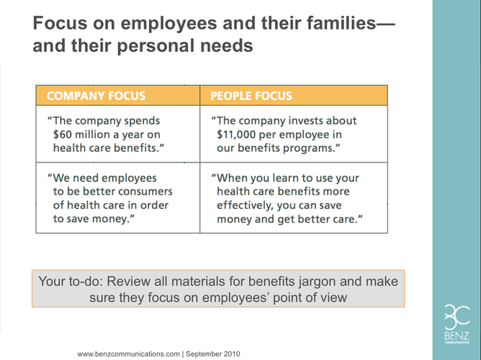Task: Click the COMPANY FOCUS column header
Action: tap(96, 96)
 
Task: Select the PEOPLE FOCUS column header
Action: tap(251, 96)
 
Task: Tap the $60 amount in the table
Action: tap(63, 135)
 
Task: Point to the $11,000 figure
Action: tap(236, 135)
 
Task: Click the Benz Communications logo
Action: tap(457, 324)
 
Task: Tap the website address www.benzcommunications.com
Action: tap(129, 354)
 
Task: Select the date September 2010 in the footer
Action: tap(213, 354)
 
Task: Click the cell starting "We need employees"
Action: tap(118, 198)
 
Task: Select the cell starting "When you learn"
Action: tap(294, 198)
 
